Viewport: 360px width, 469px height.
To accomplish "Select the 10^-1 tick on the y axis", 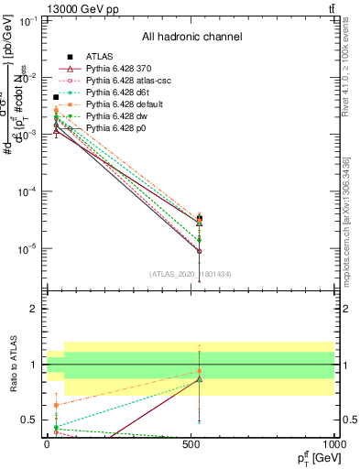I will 28,19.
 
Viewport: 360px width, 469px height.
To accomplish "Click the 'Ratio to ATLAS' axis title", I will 13,364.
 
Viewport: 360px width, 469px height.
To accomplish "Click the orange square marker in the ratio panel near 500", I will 200,371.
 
